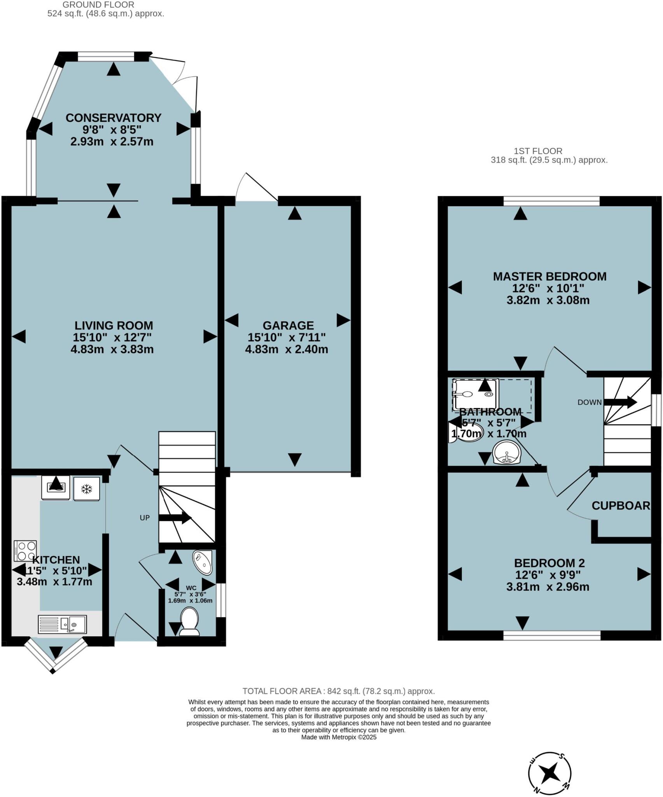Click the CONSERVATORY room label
(113, 118)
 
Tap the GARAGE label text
(288, 325)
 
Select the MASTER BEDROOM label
(549, 276)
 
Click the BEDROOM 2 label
(549, 563)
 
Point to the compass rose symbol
(549, 772)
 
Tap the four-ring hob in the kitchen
(26, 551)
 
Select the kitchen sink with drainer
(62, 624)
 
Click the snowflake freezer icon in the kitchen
(86, 488)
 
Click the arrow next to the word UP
(175, 518)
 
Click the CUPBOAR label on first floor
(621, 506)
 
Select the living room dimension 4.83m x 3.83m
(112, 349)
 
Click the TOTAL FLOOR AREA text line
(338, 691)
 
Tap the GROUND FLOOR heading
(98, 5)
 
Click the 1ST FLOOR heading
(538, 151)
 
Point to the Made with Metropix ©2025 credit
(339, 737)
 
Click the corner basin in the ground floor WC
(203, 562)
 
